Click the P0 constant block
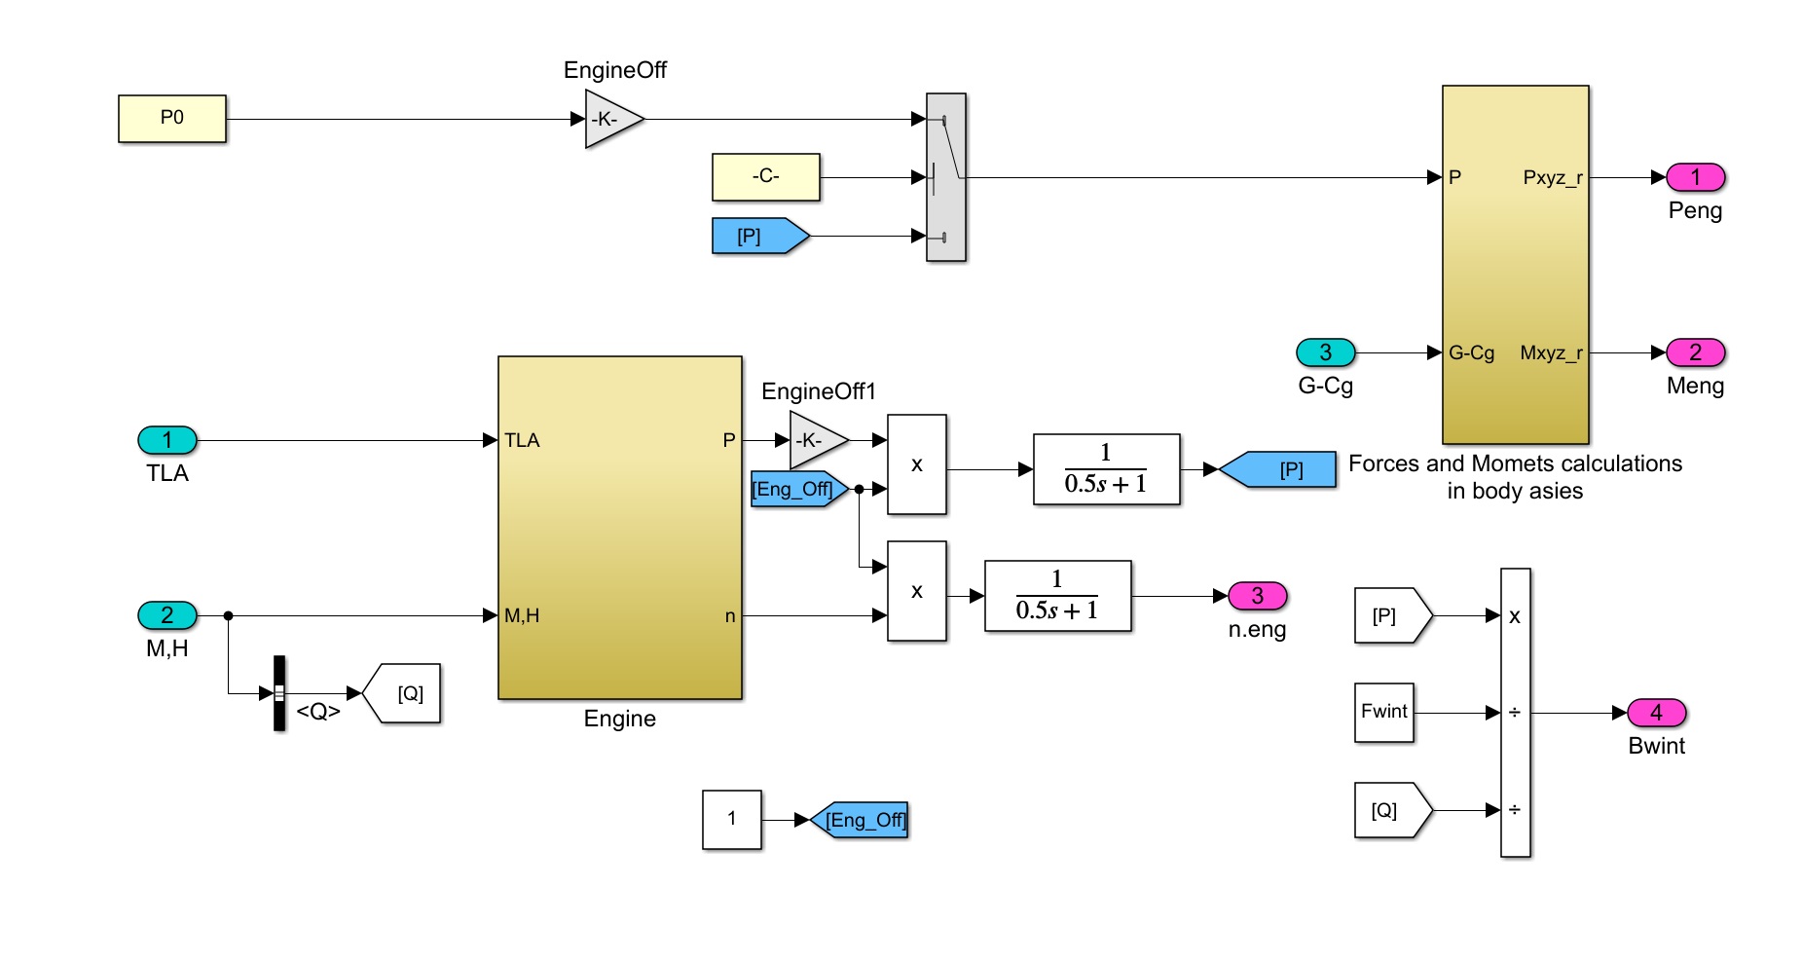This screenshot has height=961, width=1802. click(171, 119)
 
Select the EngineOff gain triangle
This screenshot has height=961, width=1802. click(610, 119)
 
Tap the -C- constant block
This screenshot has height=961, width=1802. click(765, 177)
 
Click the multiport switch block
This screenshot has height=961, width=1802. click(945, 177)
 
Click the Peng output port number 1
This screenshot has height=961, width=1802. click(1695, 177)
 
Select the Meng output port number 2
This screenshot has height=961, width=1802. click(1695, 352)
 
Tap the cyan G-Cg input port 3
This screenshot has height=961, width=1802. click(1325, 352)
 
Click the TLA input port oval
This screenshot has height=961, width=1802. click(167, 440)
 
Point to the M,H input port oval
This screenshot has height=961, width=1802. click(167, 615)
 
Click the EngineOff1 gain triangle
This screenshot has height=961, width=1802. click(815, 440)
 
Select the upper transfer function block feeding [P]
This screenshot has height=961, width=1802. click(1106, 469)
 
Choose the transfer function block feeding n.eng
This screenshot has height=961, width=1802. click(1057, 596)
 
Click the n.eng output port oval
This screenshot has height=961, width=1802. click(1257, 596)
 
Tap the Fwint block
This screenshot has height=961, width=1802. click(1383, 713)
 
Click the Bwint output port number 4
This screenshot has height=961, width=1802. click(1656, 713)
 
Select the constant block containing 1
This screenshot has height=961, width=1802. click(731, 820)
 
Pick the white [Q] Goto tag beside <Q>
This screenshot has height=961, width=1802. click(405, 693)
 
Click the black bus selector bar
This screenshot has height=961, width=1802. click(279, 693)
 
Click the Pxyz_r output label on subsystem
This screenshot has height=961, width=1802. click(1552, 177)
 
